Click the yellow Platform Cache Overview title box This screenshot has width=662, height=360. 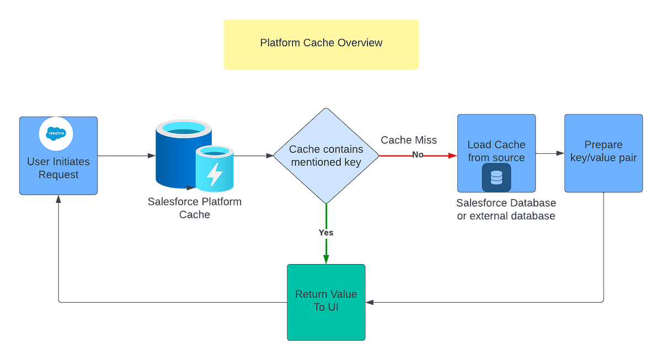pyautogui.click(x=321, y=44)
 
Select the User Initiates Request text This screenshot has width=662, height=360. pyautogui.click(x=58, y=169)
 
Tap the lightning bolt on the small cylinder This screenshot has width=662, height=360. pyautogui.click(x=214, y=174)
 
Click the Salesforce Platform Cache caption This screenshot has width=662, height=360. pyautogui.click(x=194, y=208)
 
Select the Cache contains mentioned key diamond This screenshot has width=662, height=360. pyautogui.click(x=326, y=155)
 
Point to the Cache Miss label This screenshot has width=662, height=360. pyautogui.click(x=409, y=141)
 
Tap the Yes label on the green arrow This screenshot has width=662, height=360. pyautogui.click(x=326, y=233)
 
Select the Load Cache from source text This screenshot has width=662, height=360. pyautogui.click(x=496, y=151)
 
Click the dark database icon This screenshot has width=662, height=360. pyautogui.click(x=496, y=178)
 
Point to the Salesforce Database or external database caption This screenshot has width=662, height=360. pyautogui.click(x=506, y=209)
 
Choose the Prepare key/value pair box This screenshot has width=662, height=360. pyautogui.click(x=603, y=152)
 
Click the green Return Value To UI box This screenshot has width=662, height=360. pyautogui.click(x=326, y=302)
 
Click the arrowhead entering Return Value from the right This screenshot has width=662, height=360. pyautogui.click(x=371, y=302)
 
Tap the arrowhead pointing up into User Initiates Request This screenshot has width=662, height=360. pyautogui.click(x=58, y=200)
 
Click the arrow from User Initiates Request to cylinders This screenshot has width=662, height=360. pyautogui.click(x=126, y=156)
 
